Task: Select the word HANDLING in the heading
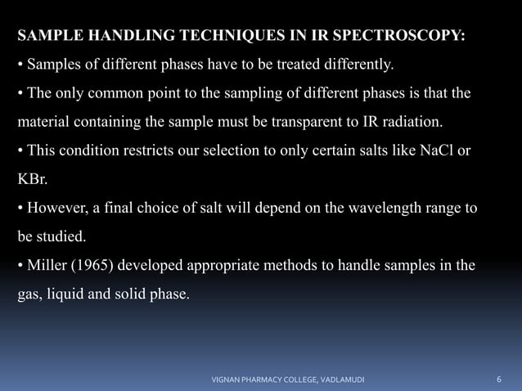click(x=119, y=37)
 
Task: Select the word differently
click(x=363, y=64)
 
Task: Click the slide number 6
click(x=499, y=380)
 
